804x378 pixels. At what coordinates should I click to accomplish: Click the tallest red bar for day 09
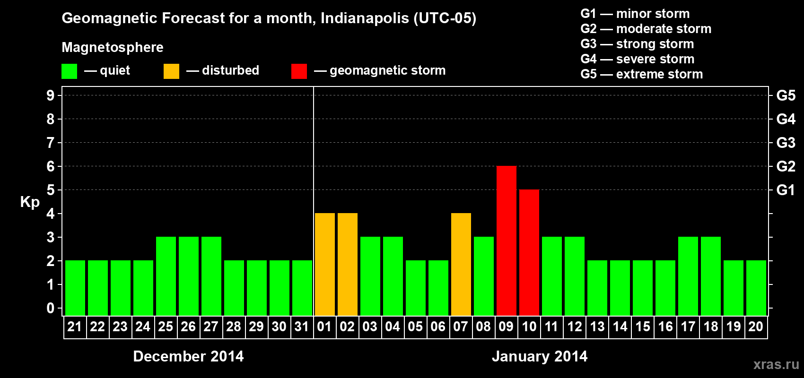pos(506,241)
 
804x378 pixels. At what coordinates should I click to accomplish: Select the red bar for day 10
pos(529,252)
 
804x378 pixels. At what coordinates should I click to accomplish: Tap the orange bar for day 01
pos(324,264)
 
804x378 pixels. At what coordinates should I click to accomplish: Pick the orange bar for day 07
pos(461,264)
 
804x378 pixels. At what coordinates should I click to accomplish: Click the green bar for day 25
pos(166,276)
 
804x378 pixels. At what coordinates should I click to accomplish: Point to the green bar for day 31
pos(302,288)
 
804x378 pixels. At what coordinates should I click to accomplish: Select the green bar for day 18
pos(710,276)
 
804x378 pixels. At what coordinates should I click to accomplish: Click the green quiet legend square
pos(69,71)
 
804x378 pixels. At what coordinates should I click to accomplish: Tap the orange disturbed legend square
pos(171,71)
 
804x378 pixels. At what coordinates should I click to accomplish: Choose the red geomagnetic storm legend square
pos(299,71)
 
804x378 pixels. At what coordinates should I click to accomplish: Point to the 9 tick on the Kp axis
pos(51,95)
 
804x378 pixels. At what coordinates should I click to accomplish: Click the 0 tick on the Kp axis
pos(51,309)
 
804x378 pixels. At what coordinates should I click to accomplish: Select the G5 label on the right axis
pos(786,95)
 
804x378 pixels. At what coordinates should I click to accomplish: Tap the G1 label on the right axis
pos(786,190)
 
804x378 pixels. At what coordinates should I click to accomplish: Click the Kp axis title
pos(30,202)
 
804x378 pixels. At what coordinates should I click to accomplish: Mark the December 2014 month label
pos(188,356)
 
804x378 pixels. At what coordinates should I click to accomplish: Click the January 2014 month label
pos(540,356)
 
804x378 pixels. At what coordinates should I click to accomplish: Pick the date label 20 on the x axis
pos(756,326)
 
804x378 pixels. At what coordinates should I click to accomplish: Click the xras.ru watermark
pos(776,364)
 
